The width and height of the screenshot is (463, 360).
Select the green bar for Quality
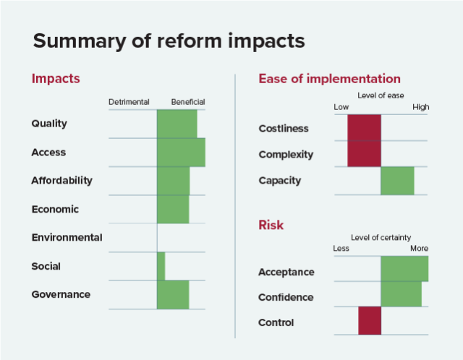[x=177, y=124]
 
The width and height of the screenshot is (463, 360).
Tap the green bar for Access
[x=181, y=152]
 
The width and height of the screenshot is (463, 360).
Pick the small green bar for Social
[x=161, y=266]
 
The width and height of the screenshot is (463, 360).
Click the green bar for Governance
[x=173, y=294]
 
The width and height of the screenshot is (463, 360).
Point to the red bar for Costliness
[x=364, y=128]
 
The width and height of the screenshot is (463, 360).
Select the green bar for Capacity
[x=397, y=181]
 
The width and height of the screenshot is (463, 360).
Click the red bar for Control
[x=369, y=321]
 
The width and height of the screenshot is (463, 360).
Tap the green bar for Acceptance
[x=404, y=269]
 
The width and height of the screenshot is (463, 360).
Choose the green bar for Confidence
[x=401, y=294]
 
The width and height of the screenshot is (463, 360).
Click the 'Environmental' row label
[x=67, y=237]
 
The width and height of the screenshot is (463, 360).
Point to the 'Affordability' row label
[x=61, y=180]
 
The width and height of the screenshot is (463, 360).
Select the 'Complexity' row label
[x=286, y=154]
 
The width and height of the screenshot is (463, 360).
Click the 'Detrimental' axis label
[x=129, y=102]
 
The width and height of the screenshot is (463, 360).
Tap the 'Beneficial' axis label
[x=188, y=102]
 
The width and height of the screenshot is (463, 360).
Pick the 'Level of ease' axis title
[x=381, y=95]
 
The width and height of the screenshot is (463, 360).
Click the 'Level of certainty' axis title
[x=381, y=237]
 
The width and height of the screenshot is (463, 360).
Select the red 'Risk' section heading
[x=271, y=225]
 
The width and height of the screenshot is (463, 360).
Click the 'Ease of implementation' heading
[x=329, y=79]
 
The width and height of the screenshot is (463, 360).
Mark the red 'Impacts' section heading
[x=56, y=79]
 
